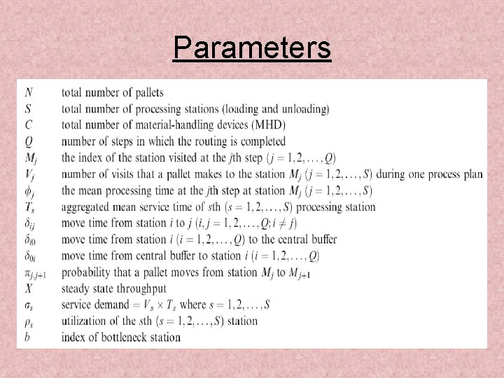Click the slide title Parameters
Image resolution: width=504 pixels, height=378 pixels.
tap(252, 48)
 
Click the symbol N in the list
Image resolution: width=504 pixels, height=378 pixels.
tap(28, 92)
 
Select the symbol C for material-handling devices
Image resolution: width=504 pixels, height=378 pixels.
tap(28, 125)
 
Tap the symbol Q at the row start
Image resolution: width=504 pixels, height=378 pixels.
tap(28, 141)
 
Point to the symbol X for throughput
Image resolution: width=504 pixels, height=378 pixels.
tap(28, 288)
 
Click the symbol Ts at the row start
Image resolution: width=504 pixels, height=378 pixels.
tap(29, 207)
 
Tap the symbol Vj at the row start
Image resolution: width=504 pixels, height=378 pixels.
tap(29, 174)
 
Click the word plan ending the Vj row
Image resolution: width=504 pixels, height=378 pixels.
tap(472, 174)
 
